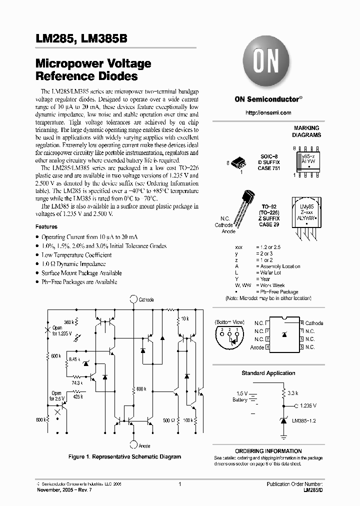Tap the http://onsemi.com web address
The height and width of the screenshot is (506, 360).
pyautogui.click(x=268, y=113)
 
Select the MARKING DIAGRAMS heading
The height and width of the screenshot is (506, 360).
pyautogui.click(x=306, y=132)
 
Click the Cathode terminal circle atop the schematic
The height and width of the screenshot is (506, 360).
pyautogui.click(x=133, y=299)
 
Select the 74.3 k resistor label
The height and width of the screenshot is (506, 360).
pyautogui.click(x=76, y=383)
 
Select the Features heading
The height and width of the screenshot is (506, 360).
pyautogui.click(x=46, y=226)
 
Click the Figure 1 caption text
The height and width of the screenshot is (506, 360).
pyautogui.click(x=124, y=456)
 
